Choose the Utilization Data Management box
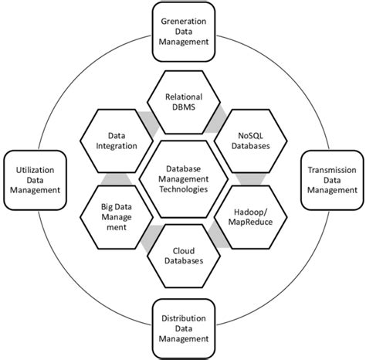click(x=32, y=182)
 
